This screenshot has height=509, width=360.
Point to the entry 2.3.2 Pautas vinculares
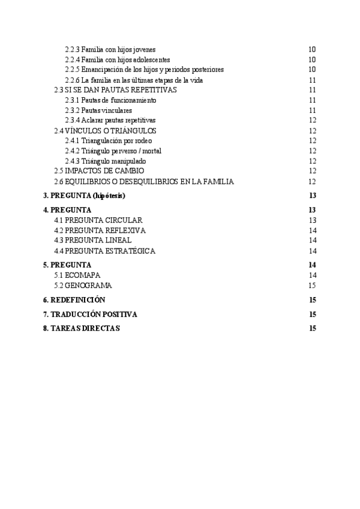click(99, 110)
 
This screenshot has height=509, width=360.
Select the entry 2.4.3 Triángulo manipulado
click(106, 161)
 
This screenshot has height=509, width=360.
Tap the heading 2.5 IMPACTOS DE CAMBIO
click(99, 171)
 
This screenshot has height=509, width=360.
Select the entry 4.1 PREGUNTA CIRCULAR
click(98, 220)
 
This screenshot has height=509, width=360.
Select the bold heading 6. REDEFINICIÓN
click(74, 300)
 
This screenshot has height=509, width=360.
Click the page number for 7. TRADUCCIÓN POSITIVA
click(312, 315)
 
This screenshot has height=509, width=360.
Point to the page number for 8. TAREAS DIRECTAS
click(312, 328)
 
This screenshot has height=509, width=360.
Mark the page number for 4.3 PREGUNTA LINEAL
click(312, 241)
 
